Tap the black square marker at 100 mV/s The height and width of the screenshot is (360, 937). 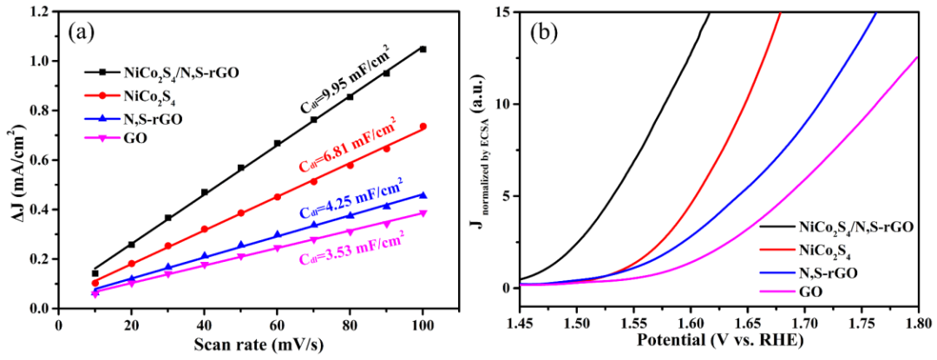(423, 49)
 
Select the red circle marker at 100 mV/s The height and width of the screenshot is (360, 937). (423, 127)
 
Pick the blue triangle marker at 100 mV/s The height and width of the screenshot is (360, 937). (423, 195)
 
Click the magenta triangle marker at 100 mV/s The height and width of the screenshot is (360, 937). (423, 213)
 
